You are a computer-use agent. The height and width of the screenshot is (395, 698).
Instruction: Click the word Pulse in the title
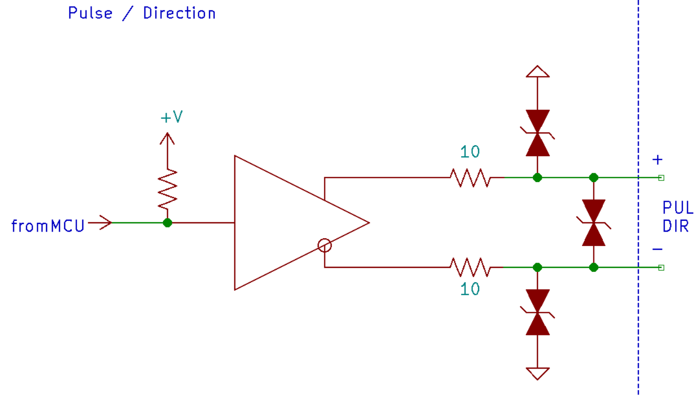point(90,13)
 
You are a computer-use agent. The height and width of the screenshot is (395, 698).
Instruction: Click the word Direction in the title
point(179,13)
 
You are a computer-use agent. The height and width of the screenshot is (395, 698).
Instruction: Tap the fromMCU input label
point(48,225)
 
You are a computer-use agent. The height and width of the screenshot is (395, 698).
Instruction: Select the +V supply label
point(171,117)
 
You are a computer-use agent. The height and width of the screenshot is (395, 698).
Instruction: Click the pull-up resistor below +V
point(167,189)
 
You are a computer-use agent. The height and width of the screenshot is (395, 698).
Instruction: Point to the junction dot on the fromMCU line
point(167,223)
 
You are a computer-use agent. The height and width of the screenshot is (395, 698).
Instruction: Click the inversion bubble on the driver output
point(324,246)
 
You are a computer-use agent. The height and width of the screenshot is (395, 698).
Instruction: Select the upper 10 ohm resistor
point(470,178)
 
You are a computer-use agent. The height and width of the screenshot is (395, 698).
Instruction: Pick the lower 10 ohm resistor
point(470,267)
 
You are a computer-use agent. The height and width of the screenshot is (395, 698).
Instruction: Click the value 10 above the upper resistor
point(470,152)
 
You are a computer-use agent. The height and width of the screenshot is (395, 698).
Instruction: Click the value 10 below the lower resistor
point(470,289)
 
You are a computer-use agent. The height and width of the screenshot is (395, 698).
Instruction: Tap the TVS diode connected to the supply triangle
point(538,133)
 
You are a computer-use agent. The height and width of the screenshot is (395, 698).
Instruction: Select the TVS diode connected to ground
point(538,312)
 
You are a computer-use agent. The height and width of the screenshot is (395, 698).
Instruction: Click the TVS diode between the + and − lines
point(593,223)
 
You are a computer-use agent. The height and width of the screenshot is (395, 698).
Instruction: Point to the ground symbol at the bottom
point(538,373)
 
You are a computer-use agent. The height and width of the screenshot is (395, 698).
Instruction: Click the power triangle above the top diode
point(538,71)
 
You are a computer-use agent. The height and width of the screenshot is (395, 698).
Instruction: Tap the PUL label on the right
point(677,208)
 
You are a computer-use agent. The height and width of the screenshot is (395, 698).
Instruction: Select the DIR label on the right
point(675,226)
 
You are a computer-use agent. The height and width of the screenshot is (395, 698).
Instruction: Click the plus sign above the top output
point(658,160)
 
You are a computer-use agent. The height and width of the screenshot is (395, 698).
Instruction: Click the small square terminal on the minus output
point(661,268)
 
